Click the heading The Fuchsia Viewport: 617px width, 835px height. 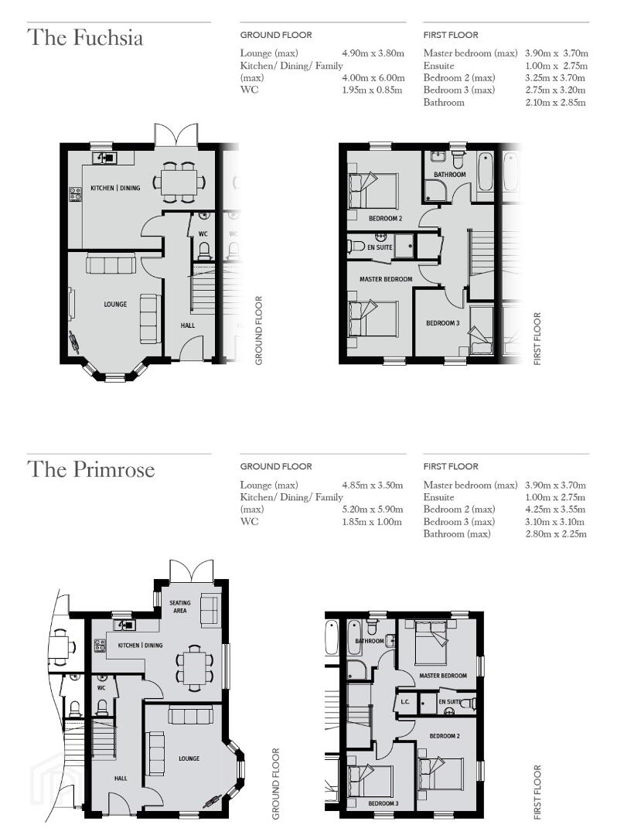click(x=85, y=38)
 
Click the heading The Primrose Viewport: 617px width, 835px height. click(x=91, y=469)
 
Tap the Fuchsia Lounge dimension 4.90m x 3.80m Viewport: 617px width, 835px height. click(x=373, y=53)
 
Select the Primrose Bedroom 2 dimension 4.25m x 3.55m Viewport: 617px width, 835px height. click(x=555, y=509)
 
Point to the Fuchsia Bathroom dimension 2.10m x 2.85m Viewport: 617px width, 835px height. click(x=555, y=102)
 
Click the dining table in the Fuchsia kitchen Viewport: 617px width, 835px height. click(x=179, y=182)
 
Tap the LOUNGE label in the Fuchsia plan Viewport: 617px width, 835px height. click(x=115, y=304)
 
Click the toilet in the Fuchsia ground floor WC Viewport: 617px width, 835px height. click(x=204, y=250)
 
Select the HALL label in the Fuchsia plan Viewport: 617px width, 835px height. click(x=188, y=325)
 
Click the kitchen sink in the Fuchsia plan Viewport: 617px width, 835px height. click(x=104, y=158)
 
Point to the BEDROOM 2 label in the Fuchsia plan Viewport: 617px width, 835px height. click(x=385, y=218)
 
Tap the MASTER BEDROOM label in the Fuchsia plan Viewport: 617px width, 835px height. click(x=386, y=279)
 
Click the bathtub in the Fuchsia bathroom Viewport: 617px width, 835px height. click(x=485, y=172)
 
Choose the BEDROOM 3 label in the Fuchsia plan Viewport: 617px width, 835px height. click(x=443, y=323)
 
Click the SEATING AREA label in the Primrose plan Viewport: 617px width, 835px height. click(x=180, y=607)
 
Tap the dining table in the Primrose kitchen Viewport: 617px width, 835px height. click(x=195, y=665)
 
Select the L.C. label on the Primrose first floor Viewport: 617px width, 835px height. click(x=405, y=702)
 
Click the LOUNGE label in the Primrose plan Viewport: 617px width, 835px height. click(x=189, y=758)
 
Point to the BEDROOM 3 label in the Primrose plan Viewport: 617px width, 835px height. click(x=383, y=803)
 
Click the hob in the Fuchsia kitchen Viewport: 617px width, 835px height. click(x=75, y=194)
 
